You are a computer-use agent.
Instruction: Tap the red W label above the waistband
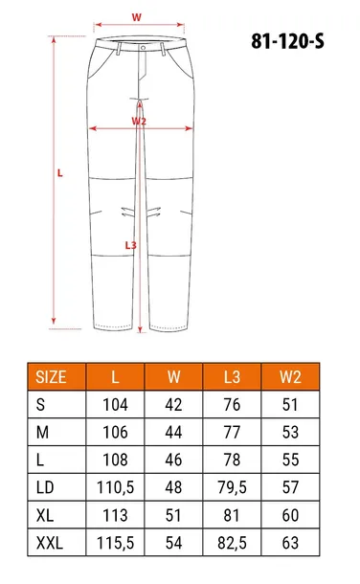[136, 17]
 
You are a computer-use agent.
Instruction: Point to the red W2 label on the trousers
[139, 122]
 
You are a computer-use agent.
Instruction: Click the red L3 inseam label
[131, 245]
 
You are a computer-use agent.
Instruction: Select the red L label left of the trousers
[60, 173]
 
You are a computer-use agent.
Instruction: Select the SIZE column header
[51, 377]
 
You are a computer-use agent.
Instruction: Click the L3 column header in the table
[230, 377]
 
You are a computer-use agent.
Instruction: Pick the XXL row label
[50, 542]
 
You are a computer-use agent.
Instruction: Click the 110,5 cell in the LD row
[115, 487]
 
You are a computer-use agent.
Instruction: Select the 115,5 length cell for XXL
[115, 542]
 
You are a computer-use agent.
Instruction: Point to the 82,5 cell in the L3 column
[230, 542]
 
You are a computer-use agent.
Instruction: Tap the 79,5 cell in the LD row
[230, 487]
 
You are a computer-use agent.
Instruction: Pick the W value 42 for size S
[173, 405]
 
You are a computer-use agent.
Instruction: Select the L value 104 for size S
[115, 405]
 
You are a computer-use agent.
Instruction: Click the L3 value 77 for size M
[230, 433]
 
